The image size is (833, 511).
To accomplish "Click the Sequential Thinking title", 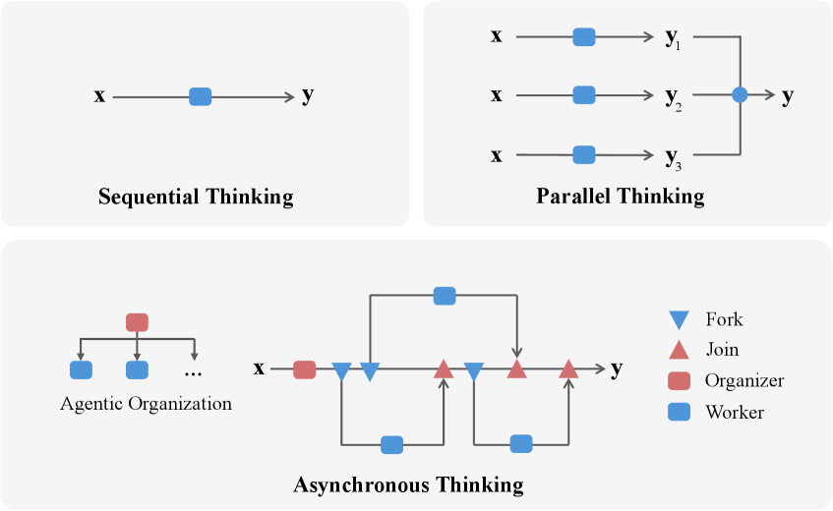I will pos(196,197).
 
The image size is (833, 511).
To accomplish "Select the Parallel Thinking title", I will pos(621,196).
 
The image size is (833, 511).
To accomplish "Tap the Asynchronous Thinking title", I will pos(408,484).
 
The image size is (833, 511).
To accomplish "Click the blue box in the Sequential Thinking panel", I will pos(200,96).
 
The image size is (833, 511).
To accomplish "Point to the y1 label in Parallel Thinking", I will pos(674,39).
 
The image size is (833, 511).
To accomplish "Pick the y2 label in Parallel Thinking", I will pos(674,97).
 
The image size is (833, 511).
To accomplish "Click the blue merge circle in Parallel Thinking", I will pos(741,95).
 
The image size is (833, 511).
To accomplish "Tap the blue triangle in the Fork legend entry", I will pos(679,320).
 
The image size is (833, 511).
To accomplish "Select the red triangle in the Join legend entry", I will pos(679,350).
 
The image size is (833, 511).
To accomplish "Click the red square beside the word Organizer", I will pos(679,380).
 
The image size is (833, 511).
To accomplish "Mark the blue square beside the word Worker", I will pos(679,412).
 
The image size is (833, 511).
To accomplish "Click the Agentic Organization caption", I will pos(147,403).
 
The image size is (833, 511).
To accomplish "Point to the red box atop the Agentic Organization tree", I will pos(138,321).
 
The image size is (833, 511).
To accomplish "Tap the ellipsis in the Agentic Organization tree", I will pos(193,372).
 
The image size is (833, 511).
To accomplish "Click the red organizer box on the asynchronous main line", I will pos(304,369).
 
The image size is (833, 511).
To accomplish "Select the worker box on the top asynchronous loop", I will pos(445,295).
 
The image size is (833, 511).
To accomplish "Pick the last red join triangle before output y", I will pos(567,369).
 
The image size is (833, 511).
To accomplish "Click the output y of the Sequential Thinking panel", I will pos(308,96).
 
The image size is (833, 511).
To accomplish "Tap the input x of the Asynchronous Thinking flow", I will pos(259,369).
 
